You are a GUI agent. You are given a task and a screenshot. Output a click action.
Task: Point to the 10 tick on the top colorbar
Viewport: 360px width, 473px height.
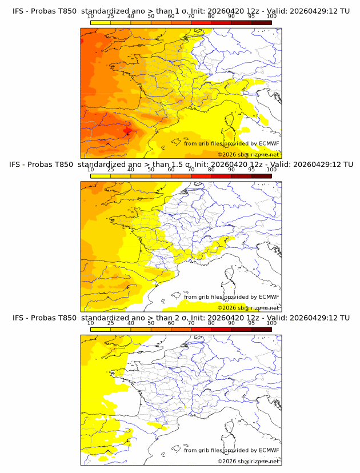pos(90,17)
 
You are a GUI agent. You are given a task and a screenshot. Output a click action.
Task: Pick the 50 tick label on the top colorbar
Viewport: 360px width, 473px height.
pos(151,17)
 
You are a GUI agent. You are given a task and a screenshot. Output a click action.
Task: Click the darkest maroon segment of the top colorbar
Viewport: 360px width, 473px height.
pos(261,23)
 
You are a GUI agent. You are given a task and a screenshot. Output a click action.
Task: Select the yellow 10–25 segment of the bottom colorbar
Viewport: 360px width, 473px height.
pos(101,329)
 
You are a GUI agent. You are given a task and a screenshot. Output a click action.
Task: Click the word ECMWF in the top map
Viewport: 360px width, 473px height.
pos(269,143)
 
